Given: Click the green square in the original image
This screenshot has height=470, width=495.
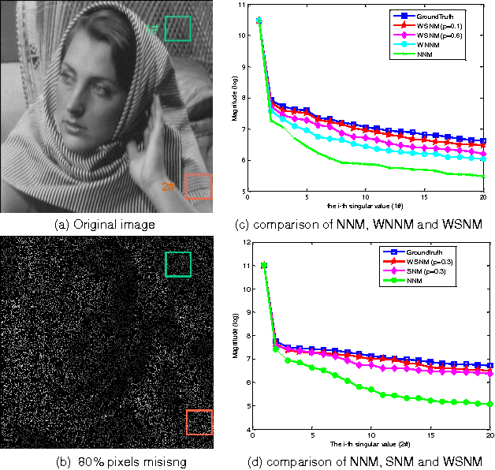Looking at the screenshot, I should pos(179,28).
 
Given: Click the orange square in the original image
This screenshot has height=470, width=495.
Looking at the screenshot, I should pos(198,186).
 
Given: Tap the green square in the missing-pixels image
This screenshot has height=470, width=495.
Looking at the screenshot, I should pos(179,265).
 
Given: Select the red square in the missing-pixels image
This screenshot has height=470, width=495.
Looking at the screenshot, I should pos(199,422).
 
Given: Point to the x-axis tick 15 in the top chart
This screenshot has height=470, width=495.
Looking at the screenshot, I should pos(424,197).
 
